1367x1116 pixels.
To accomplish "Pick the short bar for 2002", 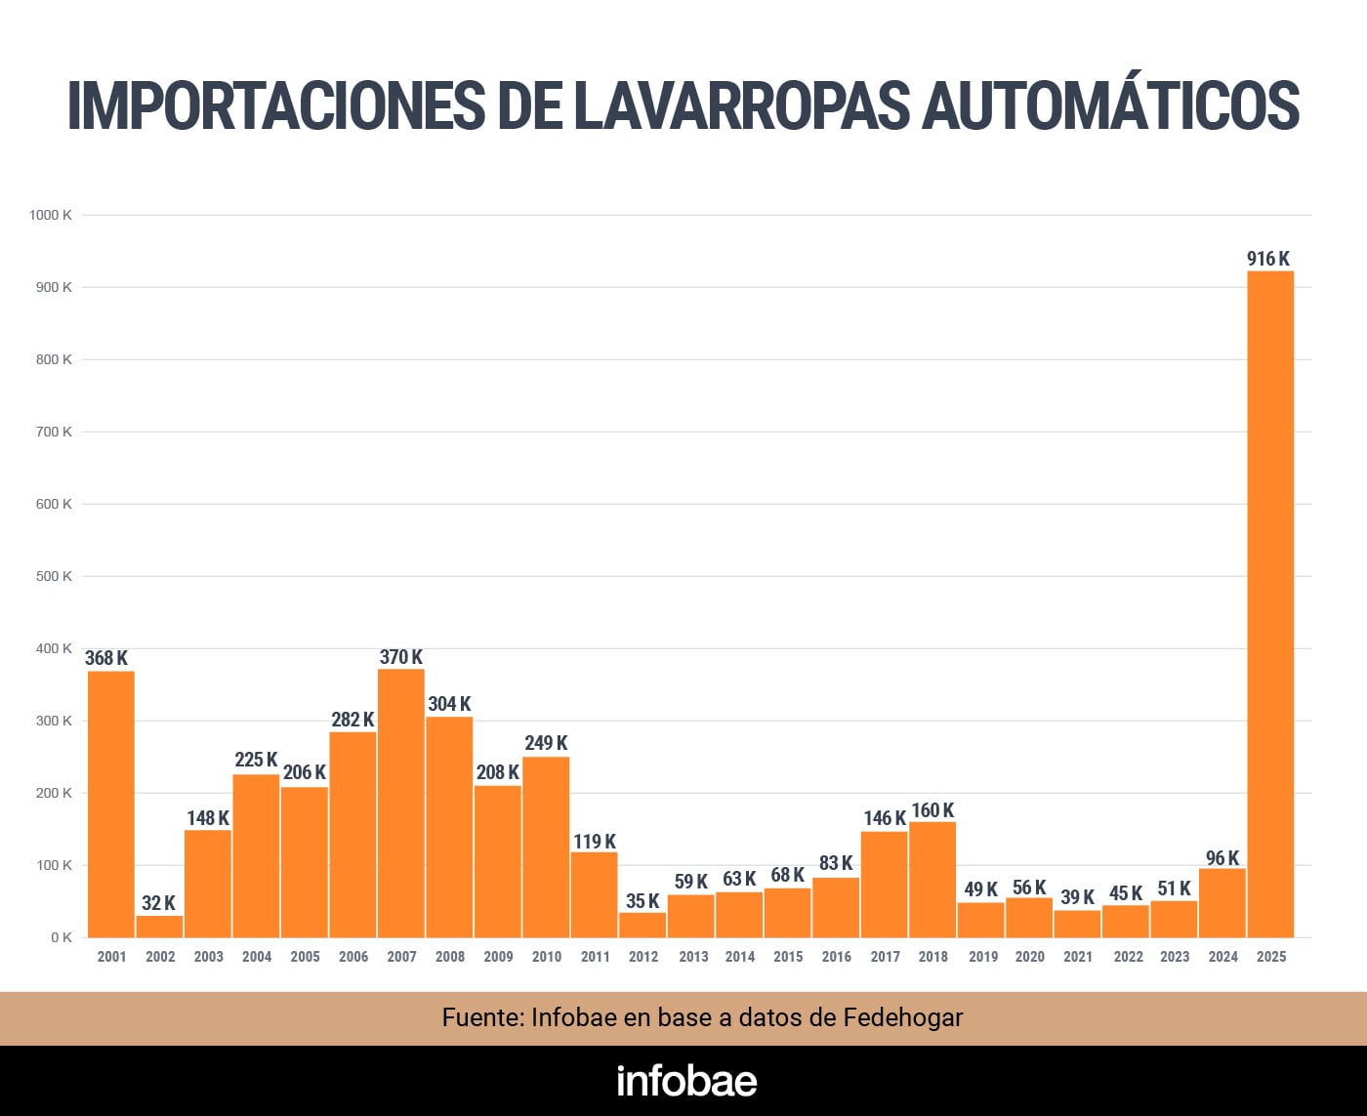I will click(159, 926).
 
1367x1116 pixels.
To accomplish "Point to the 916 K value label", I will click(1267, 259).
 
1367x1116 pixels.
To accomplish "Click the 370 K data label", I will click(400, 657).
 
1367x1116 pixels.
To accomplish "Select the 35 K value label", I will click(642, 901).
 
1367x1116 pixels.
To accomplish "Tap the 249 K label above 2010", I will click(546, 743).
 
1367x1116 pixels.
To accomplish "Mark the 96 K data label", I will click(1222, 858).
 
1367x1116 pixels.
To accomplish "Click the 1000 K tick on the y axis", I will click(51, 215).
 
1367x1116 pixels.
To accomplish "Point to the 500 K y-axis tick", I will click(54, 576).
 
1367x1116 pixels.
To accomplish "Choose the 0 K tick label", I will click(62, 937).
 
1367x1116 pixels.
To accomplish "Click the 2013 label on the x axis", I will click(693, 957).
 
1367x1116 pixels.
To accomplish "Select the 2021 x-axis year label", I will click(1078, 957).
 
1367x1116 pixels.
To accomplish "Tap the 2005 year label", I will click(305, 957).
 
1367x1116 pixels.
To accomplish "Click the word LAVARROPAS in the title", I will click(741, 105).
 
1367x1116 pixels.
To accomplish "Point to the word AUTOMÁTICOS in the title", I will click(1110, 105).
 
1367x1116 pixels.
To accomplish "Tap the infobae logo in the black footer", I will click(686, 1081).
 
